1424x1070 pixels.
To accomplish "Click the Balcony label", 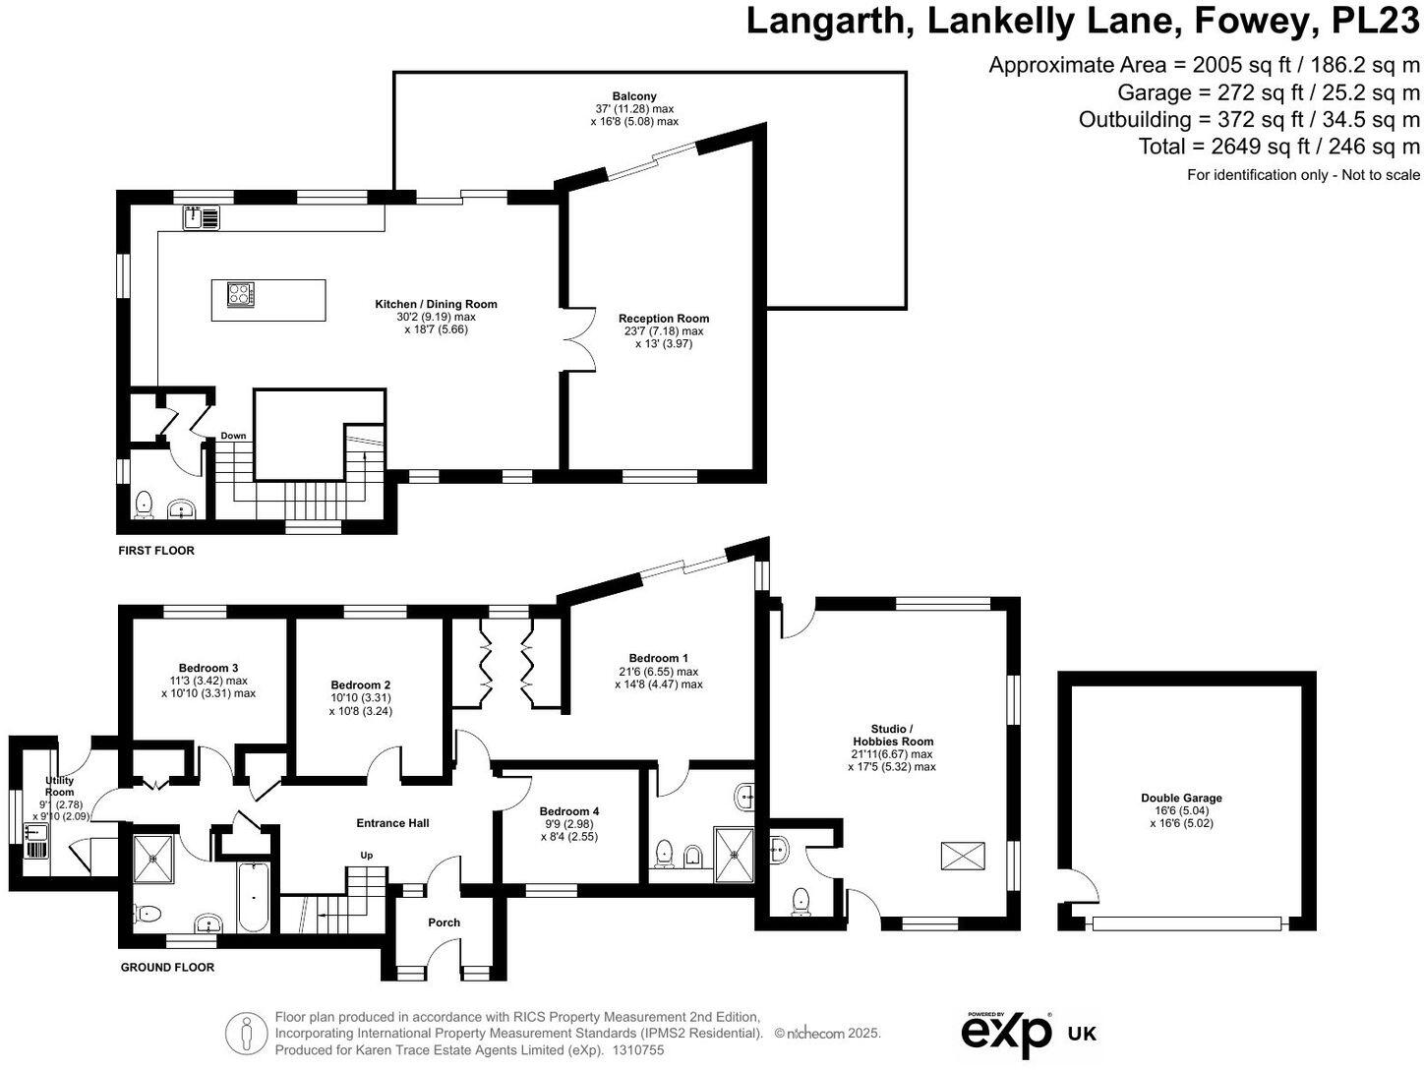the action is click(x=634, y=96).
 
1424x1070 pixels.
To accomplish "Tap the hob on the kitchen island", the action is click(x=240, y=294).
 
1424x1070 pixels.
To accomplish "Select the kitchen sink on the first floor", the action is click(x=202, y=217).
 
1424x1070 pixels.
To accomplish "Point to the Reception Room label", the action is click(x=663, y=319).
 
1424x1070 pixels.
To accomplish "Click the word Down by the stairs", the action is click(x=233, y=435).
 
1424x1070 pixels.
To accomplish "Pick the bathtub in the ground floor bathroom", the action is click(x=253, y=897).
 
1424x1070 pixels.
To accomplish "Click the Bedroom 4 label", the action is click(x=569, y=811).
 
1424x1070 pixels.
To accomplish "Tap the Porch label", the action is click(x=444, y=922).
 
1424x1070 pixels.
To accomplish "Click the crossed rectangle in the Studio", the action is click(x=963, y=856).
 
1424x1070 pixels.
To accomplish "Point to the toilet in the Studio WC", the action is click(x=801, y=902).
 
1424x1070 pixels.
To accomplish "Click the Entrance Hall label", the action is click(x=392, y=823).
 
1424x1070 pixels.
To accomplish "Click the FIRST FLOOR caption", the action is click(x=156, y=551).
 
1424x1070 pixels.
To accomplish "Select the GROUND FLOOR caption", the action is click(x=167, y=967).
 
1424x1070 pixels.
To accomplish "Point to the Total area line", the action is click(x=1278, y=147).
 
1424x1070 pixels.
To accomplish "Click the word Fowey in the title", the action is click(x=1244, y=22).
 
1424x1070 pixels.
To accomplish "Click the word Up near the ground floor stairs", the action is click(x=367, y=856).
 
